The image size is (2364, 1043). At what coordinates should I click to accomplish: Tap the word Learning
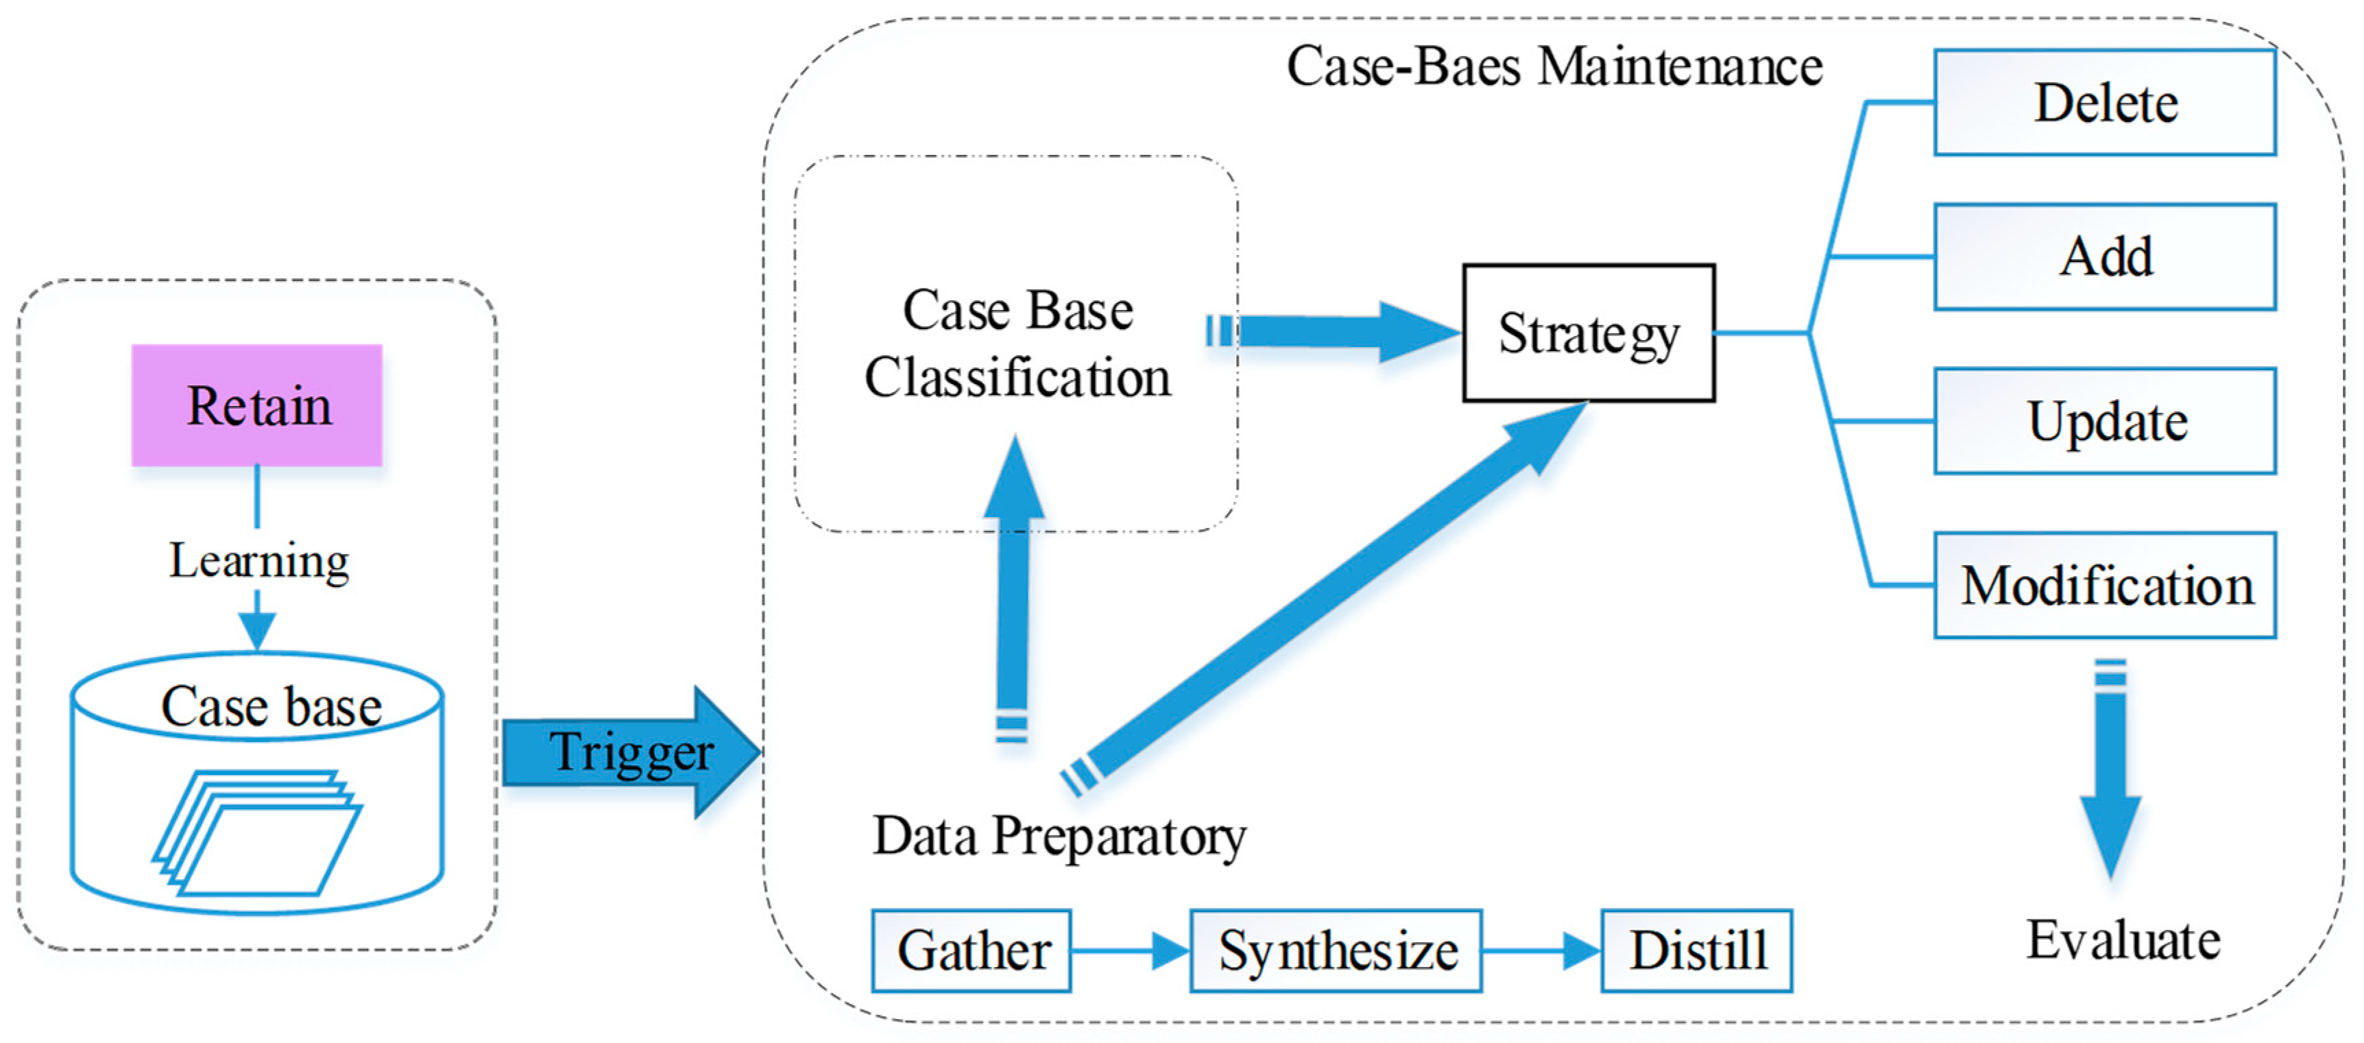(258, 560)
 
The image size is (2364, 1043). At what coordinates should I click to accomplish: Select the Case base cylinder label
(271, 706)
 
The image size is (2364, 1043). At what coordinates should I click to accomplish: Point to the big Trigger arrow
(631, 752)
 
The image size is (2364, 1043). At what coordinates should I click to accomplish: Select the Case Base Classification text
(1017, 344)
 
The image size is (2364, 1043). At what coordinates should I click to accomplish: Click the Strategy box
(1588, 333)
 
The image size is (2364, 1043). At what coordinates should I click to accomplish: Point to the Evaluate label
(2123, 939)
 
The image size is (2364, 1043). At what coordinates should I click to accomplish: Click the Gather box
(971, 950)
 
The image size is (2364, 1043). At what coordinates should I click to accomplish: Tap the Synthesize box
(1336, 950)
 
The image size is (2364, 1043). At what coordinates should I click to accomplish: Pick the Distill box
(1696, 950)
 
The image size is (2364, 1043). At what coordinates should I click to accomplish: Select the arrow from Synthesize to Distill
(1541, 950)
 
